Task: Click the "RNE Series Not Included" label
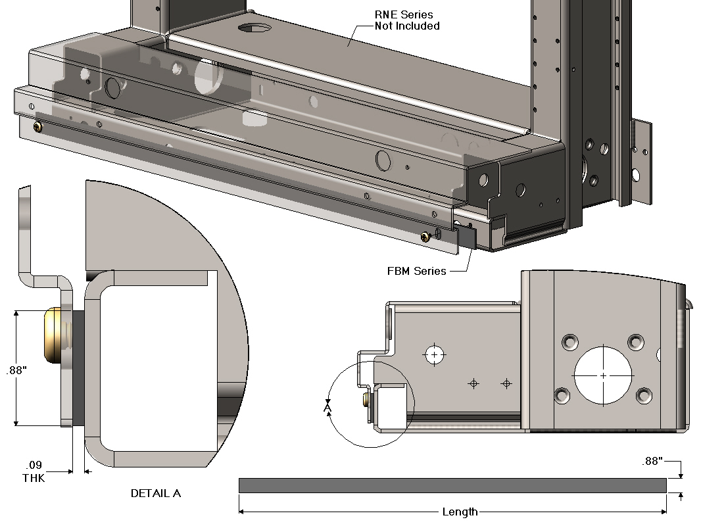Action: [407, 20]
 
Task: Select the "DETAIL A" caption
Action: [155, 493]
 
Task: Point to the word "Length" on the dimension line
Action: [460, 512]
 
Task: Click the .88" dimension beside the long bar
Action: [652, 462]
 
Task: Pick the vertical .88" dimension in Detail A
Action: [16, 370]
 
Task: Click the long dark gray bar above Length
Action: [452, 485]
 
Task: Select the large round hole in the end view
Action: [603, 375]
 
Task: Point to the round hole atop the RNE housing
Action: [254, 28]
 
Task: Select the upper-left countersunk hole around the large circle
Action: [569, 341]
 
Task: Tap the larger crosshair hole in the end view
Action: [434, 354]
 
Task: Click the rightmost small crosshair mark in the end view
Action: [506, 383]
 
